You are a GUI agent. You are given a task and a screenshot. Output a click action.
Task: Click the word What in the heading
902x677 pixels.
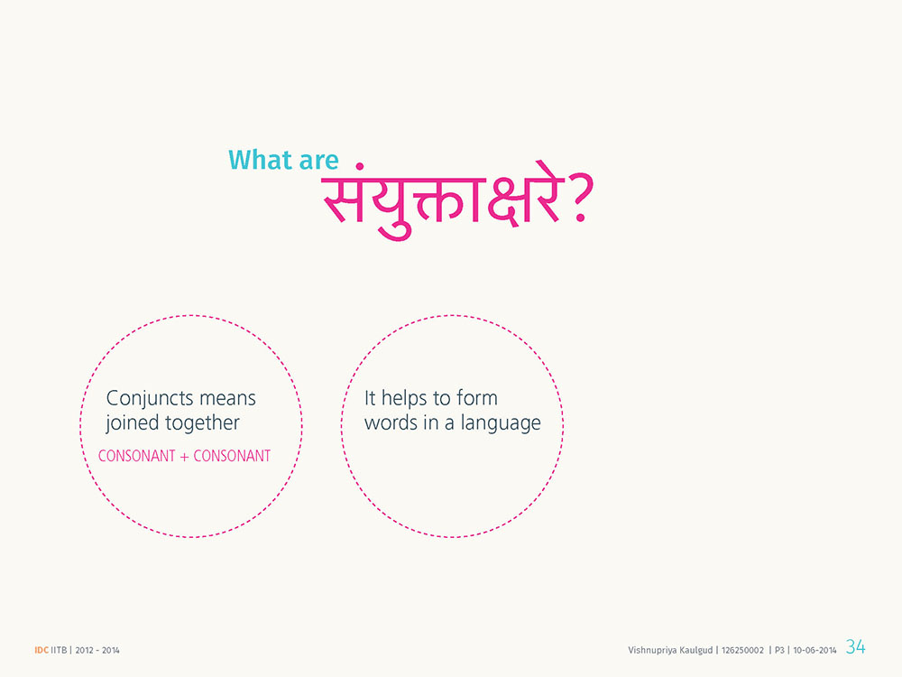click(259, 160)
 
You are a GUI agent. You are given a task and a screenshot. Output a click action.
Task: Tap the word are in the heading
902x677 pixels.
click(318, 162)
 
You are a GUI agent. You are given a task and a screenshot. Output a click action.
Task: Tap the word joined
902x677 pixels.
click(133, 423)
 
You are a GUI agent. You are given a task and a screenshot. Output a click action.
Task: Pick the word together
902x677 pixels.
click(202, 423)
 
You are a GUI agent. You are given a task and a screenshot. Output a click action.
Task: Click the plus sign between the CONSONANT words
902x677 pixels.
click(184, 457)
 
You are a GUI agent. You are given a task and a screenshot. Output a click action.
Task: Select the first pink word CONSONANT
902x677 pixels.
click(136, 456)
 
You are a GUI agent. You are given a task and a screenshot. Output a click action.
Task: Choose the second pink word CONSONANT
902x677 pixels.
click(232, 456)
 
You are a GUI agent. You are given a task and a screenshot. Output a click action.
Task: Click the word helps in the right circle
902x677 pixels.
click(404, 398)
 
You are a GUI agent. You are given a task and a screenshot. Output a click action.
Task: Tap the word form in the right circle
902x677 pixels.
click(477, 398)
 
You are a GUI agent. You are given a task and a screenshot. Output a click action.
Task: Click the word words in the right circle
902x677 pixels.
click(391, 423)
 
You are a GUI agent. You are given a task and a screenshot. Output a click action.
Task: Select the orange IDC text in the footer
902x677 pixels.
click(41, 650)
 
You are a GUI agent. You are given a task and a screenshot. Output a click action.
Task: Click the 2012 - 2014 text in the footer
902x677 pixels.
click(97, 650)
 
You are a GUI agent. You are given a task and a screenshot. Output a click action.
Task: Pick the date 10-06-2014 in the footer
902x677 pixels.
click(815, 650)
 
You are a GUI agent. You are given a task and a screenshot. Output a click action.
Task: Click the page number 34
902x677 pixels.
click(855, 646)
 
